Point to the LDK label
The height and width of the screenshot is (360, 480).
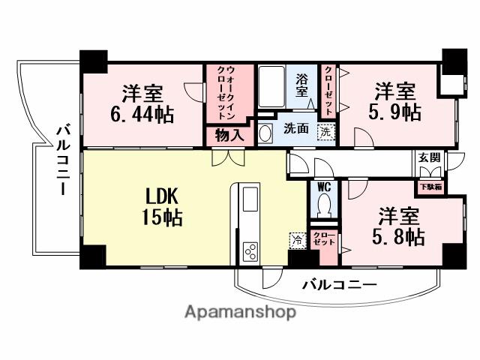click(x=161, y=197)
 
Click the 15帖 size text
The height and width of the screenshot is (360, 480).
click(x=161, y=218)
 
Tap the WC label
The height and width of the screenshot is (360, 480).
click(x=324, y=187)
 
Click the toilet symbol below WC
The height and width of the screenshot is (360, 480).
click(x=324, y=205)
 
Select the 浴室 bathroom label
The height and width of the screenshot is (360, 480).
click(x=301, y=85)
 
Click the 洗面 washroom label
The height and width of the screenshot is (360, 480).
click(x=295, y=129)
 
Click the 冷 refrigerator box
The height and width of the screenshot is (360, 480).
click(x=297, y=240)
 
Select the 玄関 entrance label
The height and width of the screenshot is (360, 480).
click(x=430, y=157)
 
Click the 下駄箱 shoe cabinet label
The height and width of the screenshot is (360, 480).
click(x=429, y=186)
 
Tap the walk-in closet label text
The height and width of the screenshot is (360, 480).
click(x=222, y=94)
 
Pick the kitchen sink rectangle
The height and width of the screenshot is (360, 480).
click(x=248, y=200)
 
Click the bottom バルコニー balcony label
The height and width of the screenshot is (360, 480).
click(x=339, y=285)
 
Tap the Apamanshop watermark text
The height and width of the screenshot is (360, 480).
click(x=240, y=311)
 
